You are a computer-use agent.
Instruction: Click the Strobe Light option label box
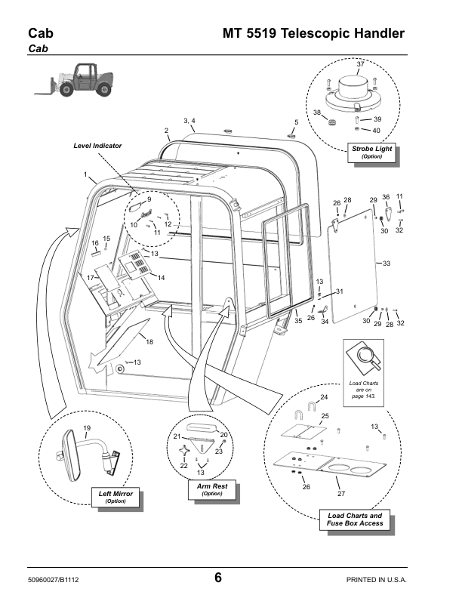click(371, 153)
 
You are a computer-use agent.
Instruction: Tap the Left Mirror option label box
click(115, 497)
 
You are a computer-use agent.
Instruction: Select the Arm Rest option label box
click(212, 490)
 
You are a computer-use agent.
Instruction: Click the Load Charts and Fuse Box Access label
click(355, 519)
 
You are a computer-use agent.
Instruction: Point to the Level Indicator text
click(97, 146)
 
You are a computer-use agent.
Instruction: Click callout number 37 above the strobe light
click(360, 64)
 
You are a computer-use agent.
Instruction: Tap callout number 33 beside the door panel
click(387, 264)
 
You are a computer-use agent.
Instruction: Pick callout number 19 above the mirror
click(87, 428)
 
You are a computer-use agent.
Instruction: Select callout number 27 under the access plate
click(341, 494)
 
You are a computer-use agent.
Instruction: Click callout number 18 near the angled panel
click(149, 342)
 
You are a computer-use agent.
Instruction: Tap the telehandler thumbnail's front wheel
click(66, 90)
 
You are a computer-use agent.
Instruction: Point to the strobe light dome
click(353, 86)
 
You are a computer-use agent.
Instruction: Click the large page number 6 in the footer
click(217, 578)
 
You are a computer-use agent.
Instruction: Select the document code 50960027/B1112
click(54, 580)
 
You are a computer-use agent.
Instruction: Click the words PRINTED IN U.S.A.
click(376, 580)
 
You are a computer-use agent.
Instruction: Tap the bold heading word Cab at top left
click(41, 33)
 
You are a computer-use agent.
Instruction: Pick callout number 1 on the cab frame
click(85, 174)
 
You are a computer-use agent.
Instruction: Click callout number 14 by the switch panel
click(161, 278)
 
